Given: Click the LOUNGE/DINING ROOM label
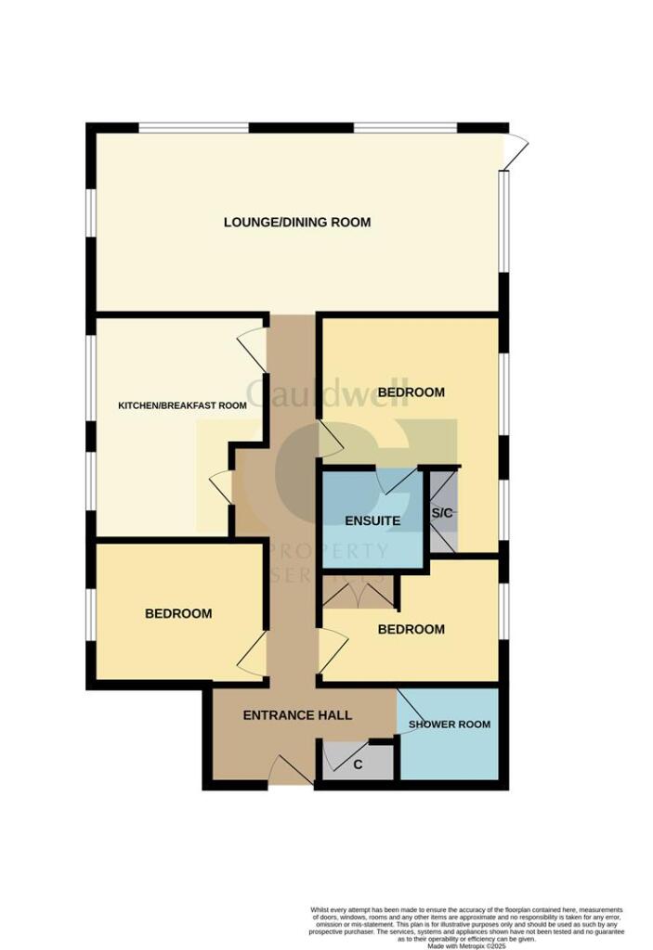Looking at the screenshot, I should coord(297,222).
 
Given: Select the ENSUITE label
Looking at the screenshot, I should coord(372,520).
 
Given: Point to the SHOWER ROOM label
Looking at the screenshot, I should coord(450,724).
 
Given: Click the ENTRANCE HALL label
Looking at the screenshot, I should coord(297,715).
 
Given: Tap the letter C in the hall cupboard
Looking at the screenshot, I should coord(359,766).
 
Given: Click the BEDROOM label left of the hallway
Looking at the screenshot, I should coord(178,613).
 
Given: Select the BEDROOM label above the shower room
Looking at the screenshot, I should coord(411,629).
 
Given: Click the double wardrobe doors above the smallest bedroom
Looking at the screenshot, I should coord(358,593).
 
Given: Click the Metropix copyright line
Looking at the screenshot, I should coord(465,944).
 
